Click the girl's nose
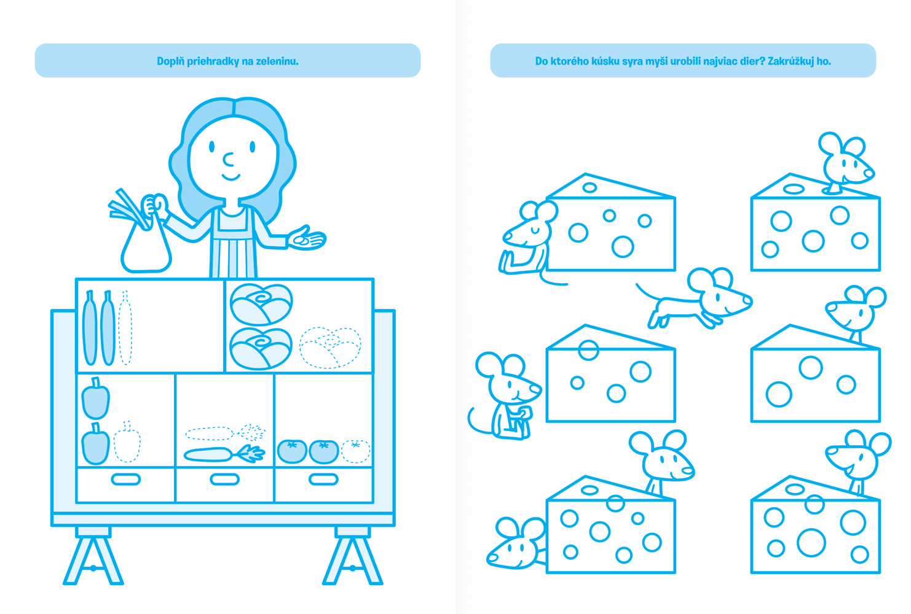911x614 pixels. click(x=228, y=160)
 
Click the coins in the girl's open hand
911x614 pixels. click(x=302, y=240)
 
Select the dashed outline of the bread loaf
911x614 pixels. click(x=330, y=348)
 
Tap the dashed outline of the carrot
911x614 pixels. click(x=226, y=433)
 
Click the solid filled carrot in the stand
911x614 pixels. click(x=224, y=454)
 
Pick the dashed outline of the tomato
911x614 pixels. click(x=355, y=451)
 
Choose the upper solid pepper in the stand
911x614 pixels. click(x=95, y=398)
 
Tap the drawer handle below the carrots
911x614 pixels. click(x=224, y=480)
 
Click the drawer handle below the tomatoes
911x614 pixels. click(x=323, y=480)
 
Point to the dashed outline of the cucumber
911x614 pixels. click(x=125, y=327)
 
